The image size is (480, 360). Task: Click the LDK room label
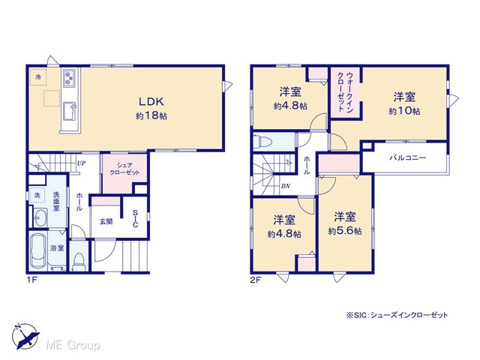151,101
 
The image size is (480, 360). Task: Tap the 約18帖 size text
151,115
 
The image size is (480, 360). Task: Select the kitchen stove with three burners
69,77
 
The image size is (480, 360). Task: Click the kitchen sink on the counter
70,112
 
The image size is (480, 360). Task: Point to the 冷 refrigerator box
38,76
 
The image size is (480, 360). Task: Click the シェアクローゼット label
124,169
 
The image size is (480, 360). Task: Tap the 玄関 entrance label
106,221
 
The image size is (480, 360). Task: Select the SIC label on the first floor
135,218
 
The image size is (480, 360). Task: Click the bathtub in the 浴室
38,250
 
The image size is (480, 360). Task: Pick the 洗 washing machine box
37,195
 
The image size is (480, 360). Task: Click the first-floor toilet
79,261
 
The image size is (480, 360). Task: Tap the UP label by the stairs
81,163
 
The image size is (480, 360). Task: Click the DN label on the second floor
286,186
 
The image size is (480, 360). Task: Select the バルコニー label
408,158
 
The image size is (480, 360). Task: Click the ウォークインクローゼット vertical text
346,91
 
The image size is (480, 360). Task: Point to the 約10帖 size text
404,111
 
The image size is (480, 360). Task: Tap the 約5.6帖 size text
345,231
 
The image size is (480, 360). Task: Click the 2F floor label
256,280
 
